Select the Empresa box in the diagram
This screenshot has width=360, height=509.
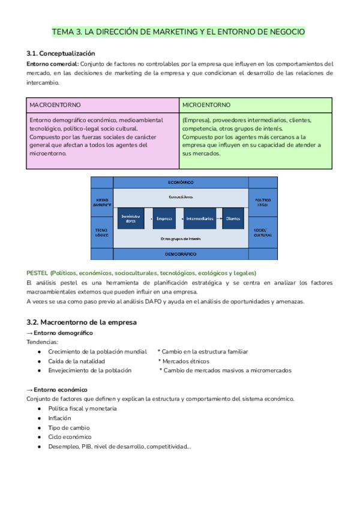pyautogui.click(x=164, y=218)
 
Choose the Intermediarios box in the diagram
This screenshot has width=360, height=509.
pyautogui.click(x=199, y=218)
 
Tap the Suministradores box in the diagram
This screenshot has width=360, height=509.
pyautogui.click(x=130, y=219)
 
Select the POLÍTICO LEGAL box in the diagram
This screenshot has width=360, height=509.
pyautogui.click(x=263, y=202)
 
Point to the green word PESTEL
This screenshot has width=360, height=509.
pyautogui.click(x=37, y=273)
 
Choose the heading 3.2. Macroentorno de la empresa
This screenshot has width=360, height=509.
pyautogui.click(x=82, y=322)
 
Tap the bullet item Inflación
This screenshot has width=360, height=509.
pyautogui.click(x=59, y=418)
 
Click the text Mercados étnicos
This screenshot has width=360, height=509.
pyautogui.click(x=185, y=361)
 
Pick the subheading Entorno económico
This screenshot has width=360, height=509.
pyautogui.click(x=61, y=390)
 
